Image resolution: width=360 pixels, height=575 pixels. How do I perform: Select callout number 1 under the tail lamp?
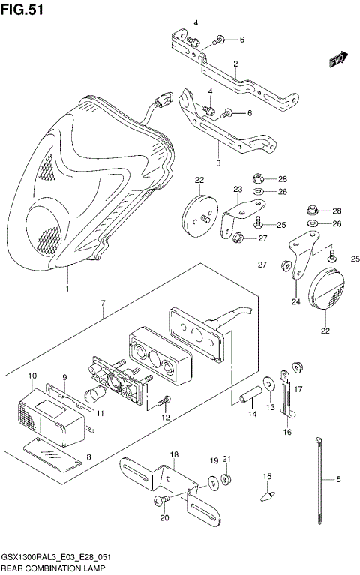point(67,289)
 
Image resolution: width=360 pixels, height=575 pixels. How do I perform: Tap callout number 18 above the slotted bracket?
point(174,455)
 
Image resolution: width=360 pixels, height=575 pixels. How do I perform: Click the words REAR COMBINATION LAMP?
point(52,569)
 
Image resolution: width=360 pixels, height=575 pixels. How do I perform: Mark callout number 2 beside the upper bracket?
point(235,64)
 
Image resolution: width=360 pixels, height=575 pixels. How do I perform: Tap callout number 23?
point(238,190)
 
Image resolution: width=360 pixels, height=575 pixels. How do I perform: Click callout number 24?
point(295,302)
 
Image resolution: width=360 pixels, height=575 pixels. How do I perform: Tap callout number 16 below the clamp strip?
point(286,433)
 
